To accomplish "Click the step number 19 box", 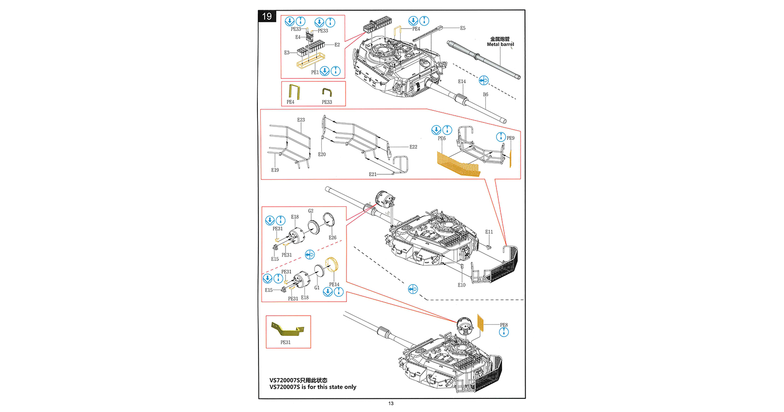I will click(x=267, y=16).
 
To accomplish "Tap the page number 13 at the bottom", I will click(x=391, y=403).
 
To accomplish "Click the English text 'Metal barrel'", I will click(x=500, y=45).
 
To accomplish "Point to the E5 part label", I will click(x=463, y=28).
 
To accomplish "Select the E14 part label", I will click(x=462, y=82).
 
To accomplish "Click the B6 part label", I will click(x=485, y=94).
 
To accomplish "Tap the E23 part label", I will click(x=301, y=120).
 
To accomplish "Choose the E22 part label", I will click(x=413, y=147).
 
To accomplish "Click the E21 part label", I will click(x=373, y=174).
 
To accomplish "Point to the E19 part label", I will click(x=275, y=170).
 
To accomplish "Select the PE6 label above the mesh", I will click(x=442, y=138).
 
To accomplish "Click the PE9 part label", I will click(x=511, y=138).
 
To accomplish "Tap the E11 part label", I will click(x=489, y=232).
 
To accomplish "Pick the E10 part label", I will click(x=462, y=285).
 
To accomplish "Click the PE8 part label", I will click(x=504, y=325).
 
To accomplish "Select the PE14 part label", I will click(x=334, y=285).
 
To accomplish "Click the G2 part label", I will click(x=311, y=211).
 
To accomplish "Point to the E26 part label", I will click(x=332, y=238).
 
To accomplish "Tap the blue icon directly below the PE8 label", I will click(x=504, y=332).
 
